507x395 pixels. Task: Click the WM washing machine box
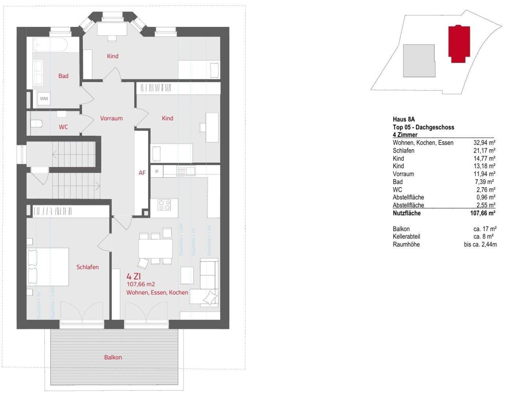pyautogui.click(x=44, y=98)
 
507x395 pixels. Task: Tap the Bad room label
pyautogui.click(x=63, y=76)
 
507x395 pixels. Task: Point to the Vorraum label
pyautogui.click(x=111, y=118)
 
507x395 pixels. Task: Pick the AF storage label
pyautogui.click(x=142, y=173)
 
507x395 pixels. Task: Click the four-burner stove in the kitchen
pyautogui.click(x=164, y=205)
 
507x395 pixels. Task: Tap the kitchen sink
pyautogui.click(x=186, y=170)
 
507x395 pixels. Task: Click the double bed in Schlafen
pyautogui.click(x=48, y=267)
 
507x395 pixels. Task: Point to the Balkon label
pyautogui.click(x=113, y=357)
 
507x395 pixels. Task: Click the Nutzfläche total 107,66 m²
pyautogui.click(x=482, y=213)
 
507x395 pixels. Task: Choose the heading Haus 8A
pyautogui.click(x=403, y=119)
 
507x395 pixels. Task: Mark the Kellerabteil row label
pyautogui.click(x=406, y=237)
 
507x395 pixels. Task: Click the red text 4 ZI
pyautogui.click(x=134, y=276)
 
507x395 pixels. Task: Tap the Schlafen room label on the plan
pyautogui.click(x=87, y=267)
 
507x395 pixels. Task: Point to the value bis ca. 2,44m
pyautogui.click(x=480, y=244)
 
